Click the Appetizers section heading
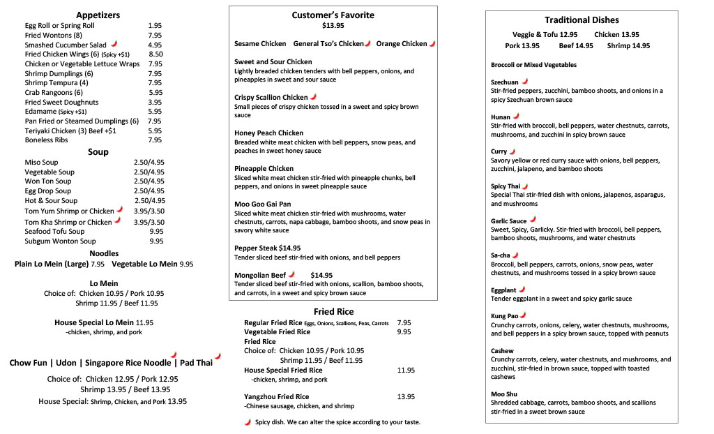pos(98,15)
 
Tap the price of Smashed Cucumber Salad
pos(155,45)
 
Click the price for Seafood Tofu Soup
pos(156,232)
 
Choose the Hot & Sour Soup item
pos(51,200)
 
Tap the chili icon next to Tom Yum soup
pos(119,209)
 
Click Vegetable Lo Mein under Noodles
pos(145,264)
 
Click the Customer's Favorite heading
pos(333,15)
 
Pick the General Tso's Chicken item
pos(328,44)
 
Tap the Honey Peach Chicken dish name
pos(268,133)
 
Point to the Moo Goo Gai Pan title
pos(263,204)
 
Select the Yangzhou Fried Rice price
pos(406,397)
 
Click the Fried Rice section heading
pos(333,311)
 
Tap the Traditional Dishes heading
pos(582,20)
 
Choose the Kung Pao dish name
pos(505,316)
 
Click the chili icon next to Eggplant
pos(522,289)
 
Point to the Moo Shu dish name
pos(504,394)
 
